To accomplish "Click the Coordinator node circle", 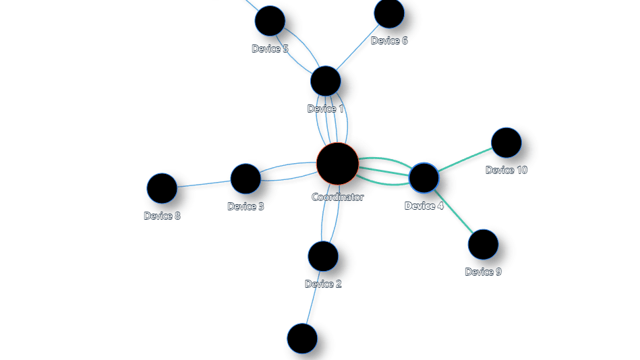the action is (338, 164).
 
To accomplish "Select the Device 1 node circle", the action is (325, 81).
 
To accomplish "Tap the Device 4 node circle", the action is (424, 178).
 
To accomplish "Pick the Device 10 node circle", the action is (506, 142).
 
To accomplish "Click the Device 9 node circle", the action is (484, 245).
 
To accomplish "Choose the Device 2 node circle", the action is (323, 256).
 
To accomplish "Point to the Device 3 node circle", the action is (245, 179).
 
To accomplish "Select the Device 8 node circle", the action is (162, 188).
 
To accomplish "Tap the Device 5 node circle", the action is (270, 21).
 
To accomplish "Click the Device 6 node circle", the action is (389, 13).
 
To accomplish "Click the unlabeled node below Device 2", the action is (302, 338).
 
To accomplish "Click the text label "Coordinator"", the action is (338, 197).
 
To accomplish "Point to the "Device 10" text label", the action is (506, 170).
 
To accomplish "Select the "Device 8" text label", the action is (162, 216).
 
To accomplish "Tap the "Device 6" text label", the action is (389, 40).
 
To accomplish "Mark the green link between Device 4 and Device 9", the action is (453, 212).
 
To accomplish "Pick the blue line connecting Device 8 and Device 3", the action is (204, 183).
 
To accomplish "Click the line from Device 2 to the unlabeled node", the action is (313, 298).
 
